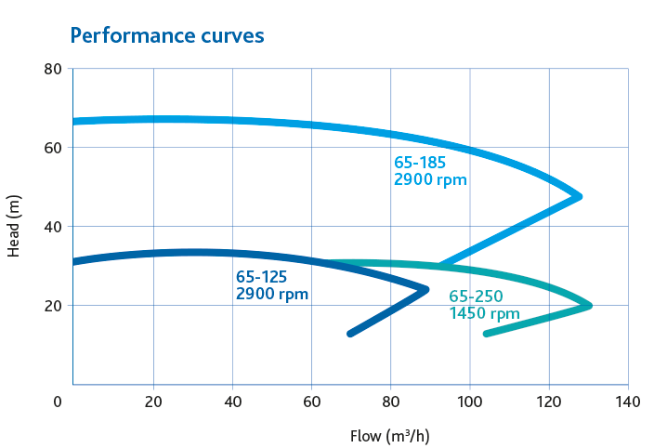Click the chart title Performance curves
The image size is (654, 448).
167,35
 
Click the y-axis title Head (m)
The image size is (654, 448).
14,227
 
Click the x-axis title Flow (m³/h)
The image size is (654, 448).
389,435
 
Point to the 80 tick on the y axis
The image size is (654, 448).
52,69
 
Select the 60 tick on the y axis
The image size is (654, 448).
52,148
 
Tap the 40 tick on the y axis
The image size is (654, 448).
52,227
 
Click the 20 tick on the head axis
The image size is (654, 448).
52,306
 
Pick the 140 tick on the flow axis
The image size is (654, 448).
628,402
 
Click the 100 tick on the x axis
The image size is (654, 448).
470,402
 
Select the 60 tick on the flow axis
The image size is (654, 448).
311,402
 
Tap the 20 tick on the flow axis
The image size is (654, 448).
153,402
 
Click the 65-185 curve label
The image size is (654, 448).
420,163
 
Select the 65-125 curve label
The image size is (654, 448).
261,278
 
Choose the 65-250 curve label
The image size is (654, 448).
475,296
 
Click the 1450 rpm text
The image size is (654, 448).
484,314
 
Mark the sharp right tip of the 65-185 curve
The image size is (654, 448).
580,196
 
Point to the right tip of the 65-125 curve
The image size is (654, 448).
426,289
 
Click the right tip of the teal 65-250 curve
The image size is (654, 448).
589,305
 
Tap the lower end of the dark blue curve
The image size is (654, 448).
350,334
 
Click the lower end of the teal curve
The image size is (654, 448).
486,334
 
